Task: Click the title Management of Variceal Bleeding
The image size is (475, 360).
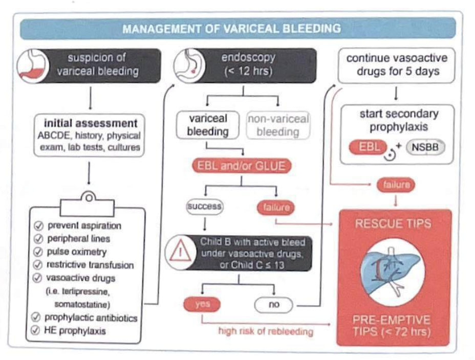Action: coord(232,29)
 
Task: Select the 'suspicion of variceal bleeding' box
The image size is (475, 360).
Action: coord(90,65)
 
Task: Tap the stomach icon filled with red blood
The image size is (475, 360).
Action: coord(33,65)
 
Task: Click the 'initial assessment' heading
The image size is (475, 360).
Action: coord(91,123)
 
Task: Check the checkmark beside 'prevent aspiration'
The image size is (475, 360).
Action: coord(38,226)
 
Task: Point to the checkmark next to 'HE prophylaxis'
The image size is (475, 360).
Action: coord(35,330)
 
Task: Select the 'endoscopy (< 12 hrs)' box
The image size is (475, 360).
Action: coord(245,65)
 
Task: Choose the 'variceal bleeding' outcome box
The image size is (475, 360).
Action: coord(208,125)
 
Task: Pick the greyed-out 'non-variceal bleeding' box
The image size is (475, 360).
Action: coord(278,125)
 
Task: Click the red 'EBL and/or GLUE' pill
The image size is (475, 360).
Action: coord(242,166)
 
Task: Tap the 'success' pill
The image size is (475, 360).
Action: coord(204,207)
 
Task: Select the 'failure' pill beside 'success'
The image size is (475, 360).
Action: coord(276,208)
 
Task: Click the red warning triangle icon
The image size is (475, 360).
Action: coord(180,252)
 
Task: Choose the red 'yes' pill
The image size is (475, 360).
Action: coord(202,304)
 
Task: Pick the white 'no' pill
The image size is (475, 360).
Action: coord(274,305)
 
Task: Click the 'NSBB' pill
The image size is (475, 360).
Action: coord(425,147)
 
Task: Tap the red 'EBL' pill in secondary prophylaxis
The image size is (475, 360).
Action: coord(369,147)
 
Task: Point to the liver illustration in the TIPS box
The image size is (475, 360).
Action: coord(392,270)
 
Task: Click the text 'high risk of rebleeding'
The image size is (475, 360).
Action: coord(266,331)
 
